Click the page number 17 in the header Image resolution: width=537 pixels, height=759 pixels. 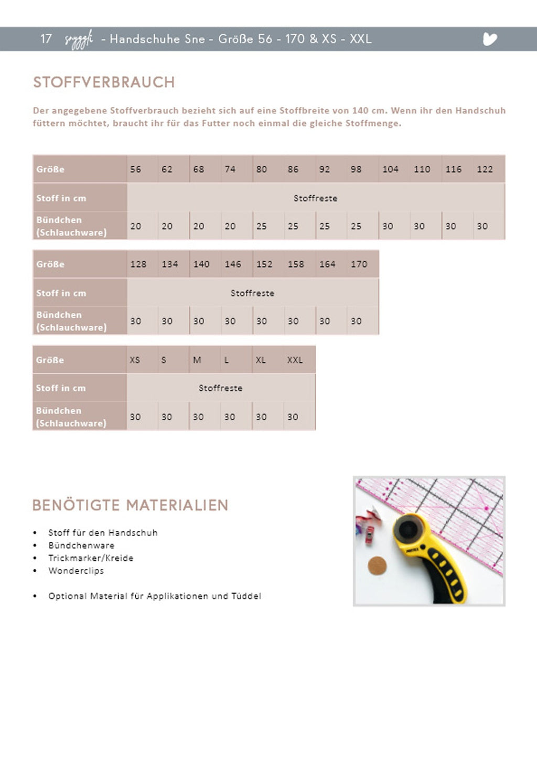[x=46, y=39]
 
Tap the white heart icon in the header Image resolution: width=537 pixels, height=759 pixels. [x=489, y=39]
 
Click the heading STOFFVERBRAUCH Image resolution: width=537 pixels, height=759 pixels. [x=104, y=82]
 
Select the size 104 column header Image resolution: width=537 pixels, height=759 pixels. [x=390, y=169]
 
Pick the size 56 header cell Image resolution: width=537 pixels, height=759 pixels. [x=136, y=169]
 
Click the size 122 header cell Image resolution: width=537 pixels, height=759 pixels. [x=485, y=169]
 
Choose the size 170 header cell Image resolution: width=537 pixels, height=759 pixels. [x=359, y=264]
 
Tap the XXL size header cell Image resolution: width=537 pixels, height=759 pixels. [x=295, y=360]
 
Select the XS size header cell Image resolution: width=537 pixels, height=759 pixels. [x=135, y=360]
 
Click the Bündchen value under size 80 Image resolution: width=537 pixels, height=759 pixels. [x=262, y=227]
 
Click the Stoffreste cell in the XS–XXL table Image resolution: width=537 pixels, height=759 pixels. [x=220, y=388]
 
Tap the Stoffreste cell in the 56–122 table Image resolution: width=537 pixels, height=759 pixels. [x=315, y=198]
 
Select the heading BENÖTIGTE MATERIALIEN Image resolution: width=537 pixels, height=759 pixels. [x=130, y=506]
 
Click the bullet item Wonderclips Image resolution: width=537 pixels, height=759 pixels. [x=76, y=571]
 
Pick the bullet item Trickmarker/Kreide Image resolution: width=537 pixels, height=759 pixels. [x=91, y=558]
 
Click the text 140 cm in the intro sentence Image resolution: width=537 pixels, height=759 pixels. [x=368, y=111]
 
